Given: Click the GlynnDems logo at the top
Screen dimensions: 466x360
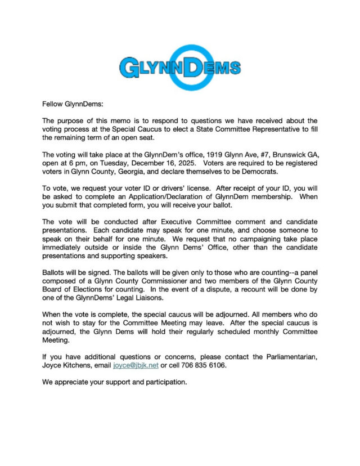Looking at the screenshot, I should point(180,68).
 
